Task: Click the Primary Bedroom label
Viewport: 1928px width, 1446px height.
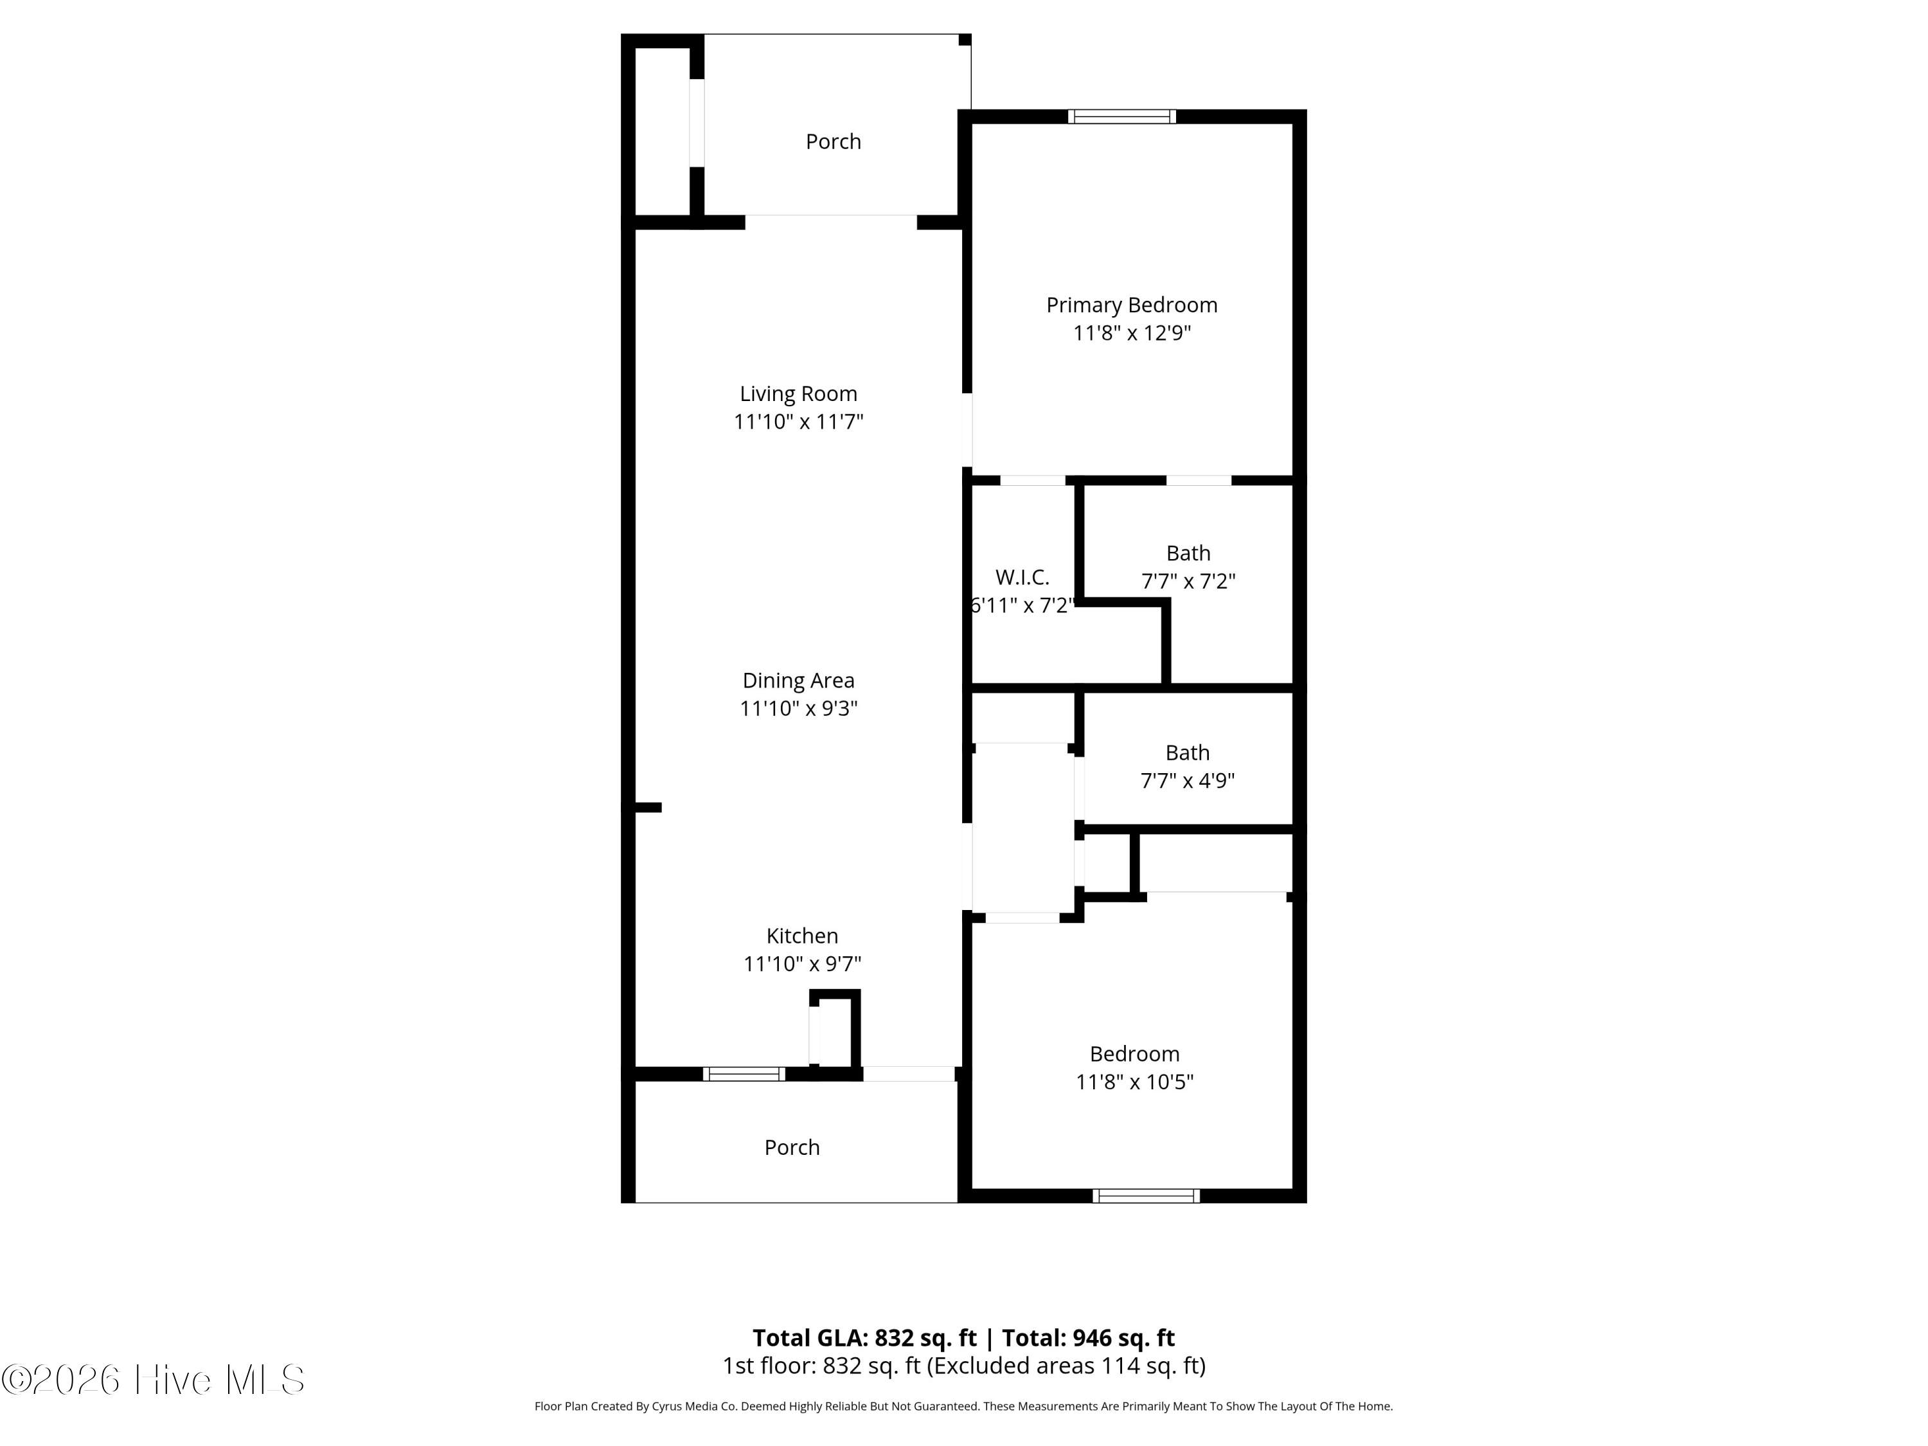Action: click(x=1131, y=305)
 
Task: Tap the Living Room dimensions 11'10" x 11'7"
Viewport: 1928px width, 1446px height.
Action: click(x=798, y=422)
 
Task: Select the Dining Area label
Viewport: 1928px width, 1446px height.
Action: click(x=798, y=680)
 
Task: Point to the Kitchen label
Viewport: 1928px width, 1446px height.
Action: click(x=802, y=935)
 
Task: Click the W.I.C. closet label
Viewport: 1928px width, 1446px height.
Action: click(x=1022, y=577)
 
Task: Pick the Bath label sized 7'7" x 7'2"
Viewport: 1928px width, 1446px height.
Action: click(x=1188, y=553)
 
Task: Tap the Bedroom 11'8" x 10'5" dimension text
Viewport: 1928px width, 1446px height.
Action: click(x=1134, y=1082)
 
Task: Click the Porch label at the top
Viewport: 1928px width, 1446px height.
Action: click(x=834, y=141)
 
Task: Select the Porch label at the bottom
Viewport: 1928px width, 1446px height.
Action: click(x=791, y=1147)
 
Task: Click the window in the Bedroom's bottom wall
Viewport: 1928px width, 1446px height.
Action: click(x=1146, y=1196)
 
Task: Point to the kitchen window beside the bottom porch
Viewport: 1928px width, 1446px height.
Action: click(x=744, y=1074)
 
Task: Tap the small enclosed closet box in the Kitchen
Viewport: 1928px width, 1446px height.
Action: click(x=834, y=1031)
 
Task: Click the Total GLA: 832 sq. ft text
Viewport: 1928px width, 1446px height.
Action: click(x=864, y=1338)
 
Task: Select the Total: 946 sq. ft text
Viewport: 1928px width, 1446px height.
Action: click(x=1088, y=1338)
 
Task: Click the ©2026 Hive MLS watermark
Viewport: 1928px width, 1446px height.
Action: click(x=154, y=1379)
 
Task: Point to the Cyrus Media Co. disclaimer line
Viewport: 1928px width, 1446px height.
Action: click(x=963, y=1406)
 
